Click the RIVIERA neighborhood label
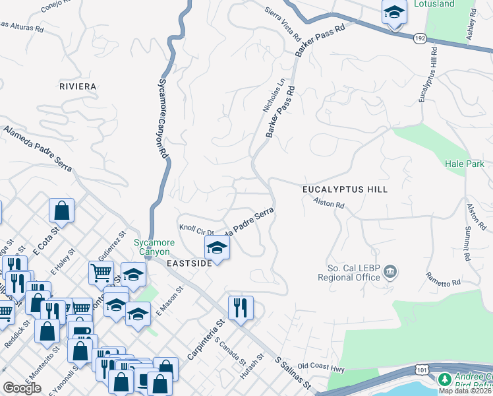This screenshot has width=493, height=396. [x=78, y=86]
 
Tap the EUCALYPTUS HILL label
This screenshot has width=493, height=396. [x=345, y=189]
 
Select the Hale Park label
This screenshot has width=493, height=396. [x=465, y=164]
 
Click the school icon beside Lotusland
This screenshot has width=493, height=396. [x=394, y=13]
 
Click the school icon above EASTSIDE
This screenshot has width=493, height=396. [x=216, y=248]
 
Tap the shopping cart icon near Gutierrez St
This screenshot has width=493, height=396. [x=101, y=272]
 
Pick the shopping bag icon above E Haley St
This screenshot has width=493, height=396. [x=61, y=211]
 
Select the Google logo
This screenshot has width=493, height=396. [x=22, y=388]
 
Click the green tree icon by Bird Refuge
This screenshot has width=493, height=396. [x=445, y=380]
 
